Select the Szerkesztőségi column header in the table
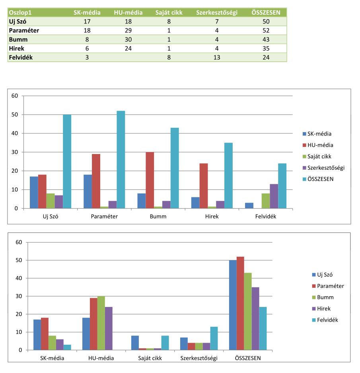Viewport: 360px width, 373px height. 217,12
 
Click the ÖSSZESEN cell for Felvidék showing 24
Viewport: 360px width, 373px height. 266,57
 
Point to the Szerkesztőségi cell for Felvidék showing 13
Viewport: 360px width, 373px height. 217,57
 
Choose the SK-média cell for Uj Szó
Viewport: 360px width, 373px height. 87,21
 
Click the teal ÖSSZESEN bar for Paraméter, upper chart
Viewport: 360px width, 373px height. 121,159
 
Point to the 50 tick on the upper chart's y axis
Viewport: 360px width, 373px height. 15,115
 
